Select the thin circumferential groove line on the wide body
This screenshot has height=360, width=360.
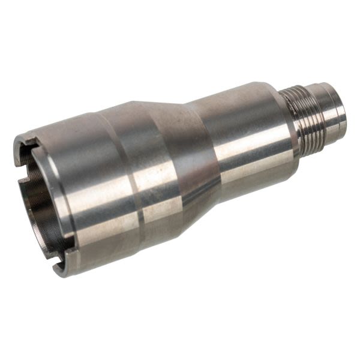click(135, 180)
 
